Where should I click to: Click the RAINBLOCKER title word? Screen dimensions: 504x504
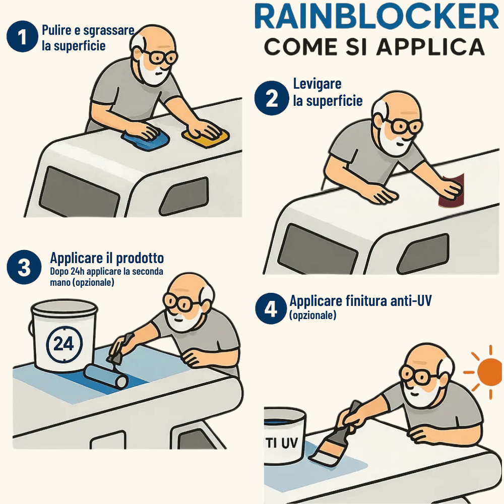coord(376,17)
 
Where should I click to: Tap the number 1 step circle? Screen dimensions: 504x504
coord(22,36)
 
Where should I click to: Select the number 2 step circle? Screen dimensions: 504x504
coord(272,98)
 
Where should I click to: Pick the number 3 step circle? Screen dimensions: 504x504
coord(24,267)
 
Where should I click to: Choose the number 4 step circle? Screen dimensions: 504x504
coord(271,308)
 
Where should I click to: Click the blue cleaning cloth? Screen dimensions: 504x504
coord(146,139)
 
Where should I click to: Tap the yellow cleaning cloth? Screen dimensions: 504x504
coord(206,137)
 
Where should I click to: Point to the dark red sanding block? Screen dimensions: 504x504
coord(451,191)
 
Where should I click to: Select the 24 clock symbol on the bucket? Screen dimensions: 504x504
coord(65,344)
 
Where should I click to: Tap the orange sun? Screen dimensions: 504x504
coord(489,371)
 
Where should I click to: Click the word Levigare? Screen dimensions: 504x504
coord(317,84)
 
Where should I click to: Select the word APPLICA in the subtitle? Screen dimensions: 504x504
coord(430,47)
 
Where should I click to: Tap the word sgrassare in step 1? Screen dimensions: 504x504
coord(109,31)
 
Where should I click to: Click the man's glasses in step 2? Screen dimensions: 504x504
coord(402,125)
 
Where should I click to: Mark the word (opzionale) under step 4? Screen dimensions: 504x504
coord(313,315)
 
